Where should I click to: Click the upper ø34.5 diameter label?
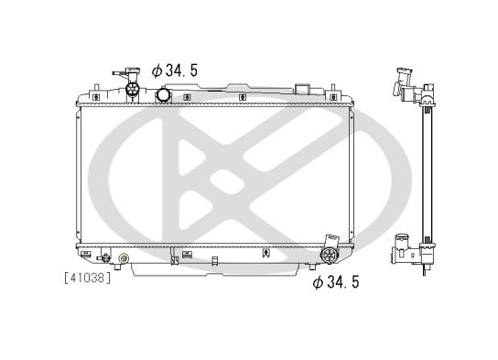[x=175, y=70]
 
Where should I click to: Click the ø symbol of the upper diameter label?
[x=156, y=70]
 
